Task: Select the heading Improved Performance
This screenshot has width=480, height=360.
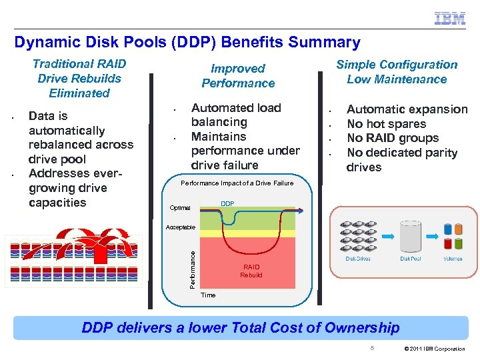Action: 238,76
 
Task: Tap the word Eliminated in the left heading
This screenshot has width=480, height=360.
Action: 79,93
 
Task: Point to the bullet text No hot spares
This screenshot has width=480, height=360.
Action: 386,124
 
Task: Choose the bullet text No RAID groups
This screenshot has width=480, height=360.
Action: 393,139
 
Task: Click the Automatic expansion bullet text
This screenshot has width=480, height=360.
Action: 407,109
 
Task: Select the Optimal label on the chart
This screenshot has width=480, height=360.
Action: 180,207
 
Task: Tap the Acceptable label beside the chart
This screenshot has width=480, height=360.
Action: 181,227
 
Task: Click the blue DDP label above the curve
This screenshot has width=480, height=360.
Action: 227,203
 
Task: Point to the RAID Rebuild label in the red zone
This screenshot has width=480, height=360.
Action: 251,271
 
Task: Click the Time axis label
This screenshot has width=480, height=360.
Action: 208,295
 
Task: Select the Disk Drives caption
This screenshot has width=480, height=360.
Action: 358,259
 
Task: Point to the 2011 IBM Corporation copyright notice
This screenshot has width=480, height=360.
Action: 435,349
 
